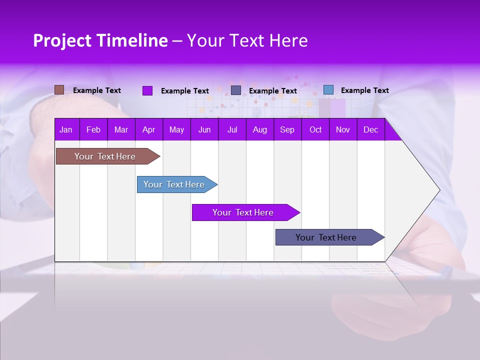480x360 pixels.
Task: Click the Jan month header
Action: click(66, 130)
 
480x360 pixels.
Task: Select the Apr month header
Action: click(149, 130)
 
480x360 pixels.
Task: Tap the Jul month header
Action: click(232, 130)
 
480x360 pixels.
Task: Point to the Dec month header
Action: click(370, 130)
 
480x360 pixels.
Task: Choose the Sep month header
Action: click(287, 130)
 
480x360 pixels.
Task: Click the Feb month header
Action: click(93, 130)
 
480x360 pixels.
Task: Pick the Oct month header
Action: click(315, 130)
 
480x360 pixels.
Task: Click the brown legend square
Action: click(59, 90)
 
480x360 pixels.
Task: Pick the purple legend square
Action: click(147, 90)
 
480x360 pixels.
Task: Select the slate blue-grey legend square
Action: click(236, 90)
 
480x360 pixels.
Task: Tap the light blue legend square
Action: click(328, 90)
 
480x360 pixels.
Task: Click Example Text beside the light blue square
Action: click(364, 90)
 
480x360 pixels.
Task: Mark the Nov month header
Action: click(343, 130)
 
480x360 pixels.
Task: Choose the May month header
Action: click(176, 130)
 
